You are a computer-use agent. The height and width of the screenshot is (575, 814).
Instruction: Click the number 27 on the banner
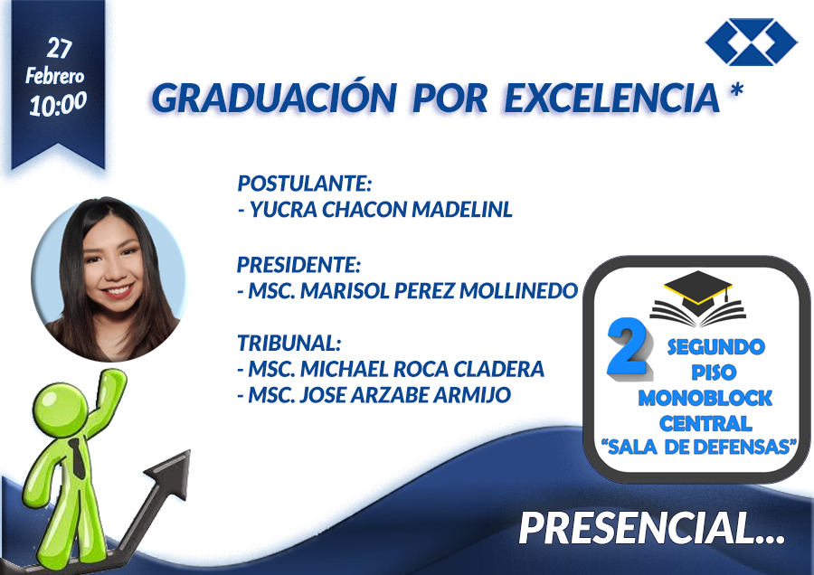tap(59, 48)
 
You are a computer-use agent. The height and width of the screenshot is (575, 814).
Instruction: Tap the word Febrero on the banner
tap(55, 76)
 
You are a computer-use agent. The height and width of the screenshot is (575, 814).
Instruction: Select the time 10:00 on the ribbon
tap(58, 103)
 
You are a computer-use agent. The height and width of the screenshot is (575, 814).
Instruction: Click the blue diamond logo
tap(752, 42)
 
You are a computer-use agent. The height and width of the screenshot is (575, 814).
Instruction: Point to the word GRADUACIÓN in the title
tap(274, 98)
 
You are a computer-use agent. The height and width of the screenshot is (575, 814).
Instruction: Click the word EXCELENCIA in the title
tap(611, 98)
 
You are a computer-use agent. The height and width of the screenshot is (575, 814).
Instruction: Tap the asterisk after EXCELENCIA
tap(736, 90)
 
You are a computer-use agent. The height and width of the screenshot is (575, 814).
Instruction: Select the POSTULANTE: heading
tap(305, 184)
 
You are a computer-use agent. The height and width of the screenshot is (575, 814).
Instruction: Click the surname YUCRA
tap(283, 210)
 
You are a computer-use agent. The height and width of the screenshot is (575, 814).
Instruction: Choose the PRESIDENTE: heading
tap(298, 265)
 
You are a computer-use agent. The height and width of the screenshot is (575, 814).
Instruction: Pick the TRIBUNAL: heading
tap(289, 343)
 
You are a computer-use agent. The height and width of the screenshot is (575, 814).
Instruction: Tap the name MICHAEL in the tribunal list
tap(345, 369)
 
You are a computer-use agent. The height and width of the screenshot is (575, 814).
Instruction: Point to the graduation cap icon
tap(697, 289)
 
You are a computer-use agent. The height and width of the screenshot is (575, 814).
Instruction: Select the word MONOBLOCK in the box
tap(705, 399)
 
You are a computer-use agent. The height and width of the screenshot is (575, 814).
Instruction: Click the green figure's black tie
tap(78, 458)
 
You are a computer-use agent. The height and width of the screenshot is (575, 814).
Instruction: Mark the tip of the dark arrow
tap(191, 449)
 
